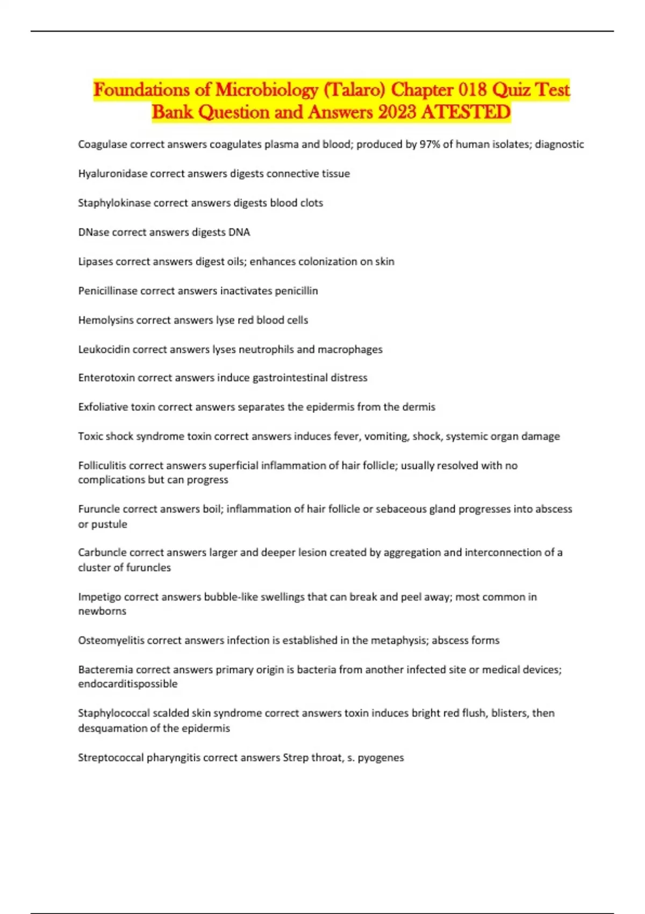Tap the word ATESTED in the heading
(466, 112)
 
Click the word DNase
(93, 232)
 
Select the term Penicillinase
(107, 291)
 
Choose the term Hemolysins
(106, 320)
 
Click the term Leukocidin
(104, 349)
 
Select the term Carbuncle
(102, 552)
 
